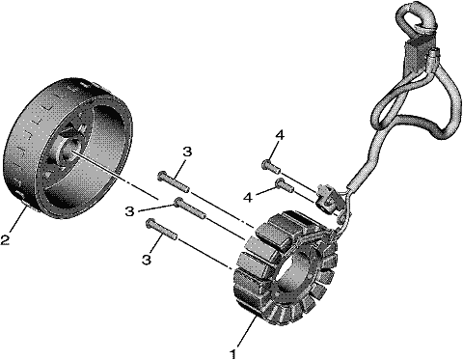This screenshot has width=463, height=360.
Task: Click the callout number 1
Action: [x=233, y=353]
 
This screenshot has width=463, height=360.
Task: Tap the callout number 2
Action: [x=5, y=239]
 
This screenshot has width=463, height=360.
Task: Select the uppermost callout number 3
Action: [x=187, y=152]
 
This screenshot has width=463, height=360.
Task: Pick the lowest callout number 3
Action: [x=147, y=260]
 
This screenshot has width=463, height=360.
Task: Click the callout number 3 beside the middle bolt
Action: [x=129, y=211]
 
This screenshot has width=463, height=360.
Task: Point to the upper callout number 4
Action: [x=280, y=135]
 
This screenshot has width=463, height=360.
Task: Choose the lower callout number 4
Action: [x=248, y=198]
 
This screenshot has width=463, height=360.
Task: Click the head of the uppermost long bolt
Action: [x=162, y=176]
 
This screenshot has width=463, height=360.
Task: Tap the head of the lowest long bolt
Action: [x=150, y=223]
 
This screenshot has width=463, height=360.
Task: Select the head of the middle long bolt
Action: [x=177, y=202]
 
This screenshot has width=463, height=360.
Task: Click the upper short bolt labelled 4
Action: [x=271, y=166]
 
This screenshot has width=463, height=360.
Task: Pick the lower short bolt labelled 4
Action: [x=284, y=184]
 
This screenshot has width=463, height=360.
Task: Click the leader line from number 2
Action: [x=19, y=220]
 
